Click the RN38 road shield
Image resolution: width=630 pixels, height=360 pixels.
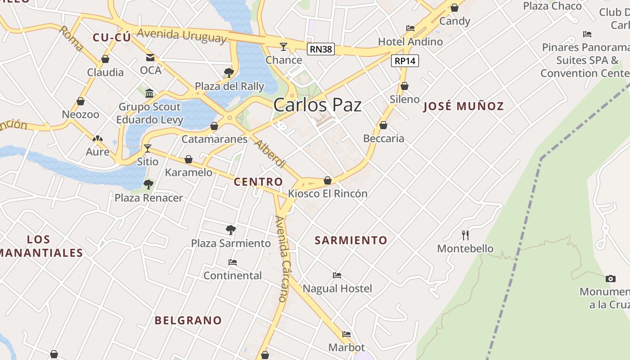pos(321,49)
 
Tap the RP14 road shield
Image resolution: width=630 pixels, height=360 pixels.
pos(405,61)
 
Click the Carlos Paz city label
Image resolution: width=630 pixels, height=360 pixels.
pos(317,105)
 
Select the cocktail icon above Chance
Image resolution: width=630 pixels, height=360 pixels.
pos(283,46)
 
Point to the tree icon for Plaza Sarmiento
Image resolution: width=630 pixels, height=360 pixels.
pos(231,230)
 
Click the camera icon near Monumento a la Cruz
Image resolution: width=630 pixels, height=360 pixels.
pos(610,279)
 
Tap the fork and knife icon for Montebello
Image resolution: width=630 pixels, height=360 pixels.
pos(465,235)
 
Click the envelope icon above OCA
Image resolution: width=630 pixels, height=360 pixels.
pos(150,58)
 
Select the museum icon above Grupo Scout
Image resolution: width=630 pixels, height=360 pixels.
pos(149,94)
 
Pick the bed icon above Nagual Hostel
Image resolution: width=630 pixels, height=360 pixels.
pos(337,275)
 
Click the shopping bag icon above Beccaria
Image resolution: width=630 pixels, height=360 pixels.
pos(383,125)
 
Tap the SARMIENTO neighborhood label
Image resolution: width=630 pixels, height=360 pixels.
pos(351,240)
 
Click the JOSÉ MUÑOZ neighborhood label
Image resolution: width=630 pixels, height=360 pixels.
pos(463,106)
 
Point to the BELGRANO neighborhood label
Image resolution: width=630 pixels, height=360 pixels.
pos(188,320)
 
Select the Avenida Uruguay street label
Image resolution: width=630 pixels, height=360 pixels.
pos(182,35)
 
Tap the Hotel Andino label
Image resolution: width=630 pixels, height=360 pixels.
pos(410,42)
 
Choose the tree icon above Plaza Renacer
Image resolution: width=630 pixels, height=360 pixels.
pos(148,184)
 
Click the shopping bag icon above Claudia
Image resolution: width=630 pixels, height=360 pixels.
pos(105,59)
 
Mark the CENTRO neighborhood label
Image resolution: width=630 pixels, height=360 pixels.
pos(258,182)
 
